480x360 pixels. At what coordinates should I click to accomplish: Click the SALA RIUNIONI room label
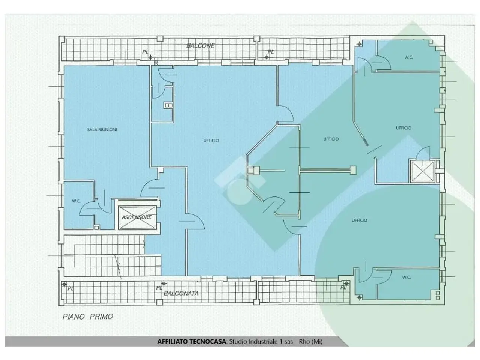click(x=102, y=130)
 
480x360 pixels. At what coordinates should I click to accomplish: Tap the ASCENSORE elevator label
click(x=136, y=217)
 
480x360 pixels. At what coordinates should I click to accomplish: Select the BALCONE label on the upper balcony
click(x=201, y=46)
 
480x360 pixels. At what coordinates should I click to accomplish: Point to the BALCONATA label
click(x=181, y=293)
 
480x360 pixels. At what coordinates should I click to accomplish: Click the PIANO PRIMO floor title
click(x=88, y=316)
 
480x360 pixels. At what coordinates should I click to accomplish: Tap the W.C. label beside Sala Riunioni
click(x=76, y=201)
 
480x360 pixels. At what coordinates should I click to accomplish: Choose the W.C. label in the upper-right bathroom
click(x=408, y=57)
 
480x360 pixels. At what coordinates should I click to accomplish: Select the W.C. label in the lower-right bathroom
click(x=406, y=277)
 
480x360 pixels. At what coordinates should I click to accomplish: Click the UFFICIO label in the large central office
click(x=211, y=141)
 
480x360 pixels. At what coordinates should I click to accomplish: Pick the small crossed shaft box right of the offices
click(x=423, y=171)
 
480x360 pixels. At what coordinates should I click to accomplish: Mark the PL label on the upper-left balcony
click(x=145, y=52)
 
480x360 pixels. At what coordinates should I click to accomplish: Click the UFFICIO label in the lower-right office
click(x=360, y=220)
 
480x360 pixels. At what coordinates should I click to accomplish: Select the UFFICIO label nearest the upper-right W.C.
click(x=403, y=128)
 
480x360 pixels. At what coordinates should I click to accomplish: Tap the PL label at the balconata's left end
click(x=70, y=288)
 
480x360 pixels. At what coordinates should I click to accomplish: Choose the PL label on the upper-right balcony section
click(x=271, y=52)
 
